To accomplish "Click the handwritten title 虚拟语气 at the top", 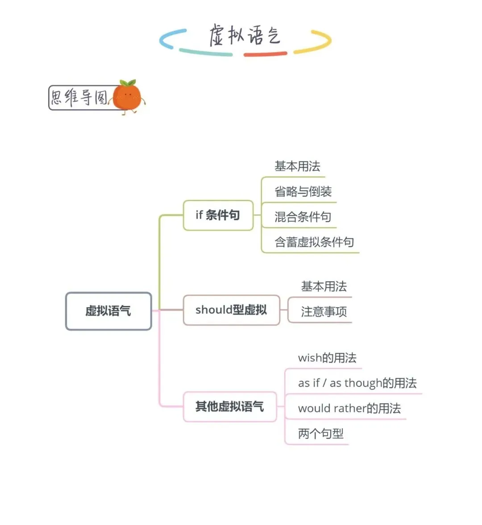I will coord(245,36).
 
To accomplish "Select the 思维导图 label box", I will coord(80,97).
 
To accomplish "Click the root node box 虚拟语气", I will coord(108,311).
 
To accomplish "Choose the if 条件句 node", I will coord(218,215).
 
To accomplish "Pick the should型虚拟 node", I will coord(231,310).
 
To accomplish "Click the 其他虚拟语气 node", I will coord(230,406).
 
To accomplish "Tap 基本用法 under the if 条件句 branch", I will coord(297,167).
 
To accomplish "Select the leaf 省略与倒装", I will coord(303,192).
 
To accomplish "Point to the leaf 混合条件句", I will coord(303,217).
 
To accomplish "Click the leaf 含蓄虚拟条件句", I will coord(314,242).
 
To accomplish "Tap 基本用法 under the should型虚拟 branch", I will coord(324,287).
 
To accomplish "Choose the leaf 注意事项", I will coord(324,312).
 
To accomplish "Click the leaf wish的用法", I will coord(327,358).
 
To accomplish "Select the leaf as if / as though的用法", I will coord(357,383).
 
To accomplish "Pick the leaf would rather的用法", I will coord(349,409).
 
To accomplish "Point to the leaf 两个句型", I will coord(320,434).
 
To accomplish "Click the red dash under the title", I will coord(265,54).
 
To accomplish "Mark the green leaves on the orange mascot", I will coord(128,83).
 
